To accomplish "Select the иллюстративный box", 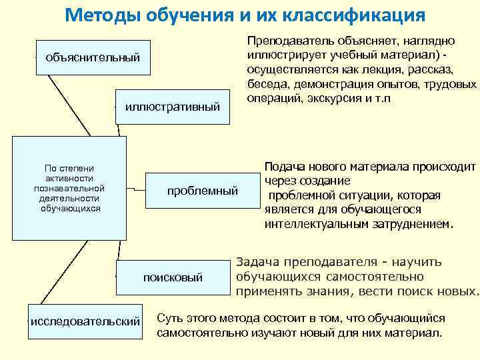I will pos(172,106).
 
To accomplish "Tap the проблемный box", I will pos(202,191).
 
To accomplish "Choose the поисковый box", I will pos(173,277).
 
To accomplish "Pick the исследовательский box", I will pos(85,321).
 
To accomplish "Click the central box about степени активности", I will pos(69,188).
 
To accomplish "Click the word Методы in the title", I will pos(98,14).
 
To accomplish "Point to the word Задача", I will pos(256,262).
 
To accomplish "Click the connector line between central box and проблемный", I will pos(137,189).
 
